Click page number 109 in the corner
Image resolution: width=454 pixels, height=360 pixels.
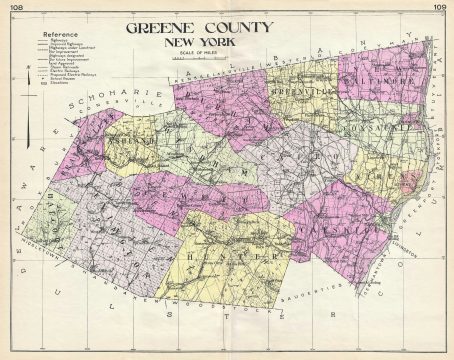click(x=440, y=7)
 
